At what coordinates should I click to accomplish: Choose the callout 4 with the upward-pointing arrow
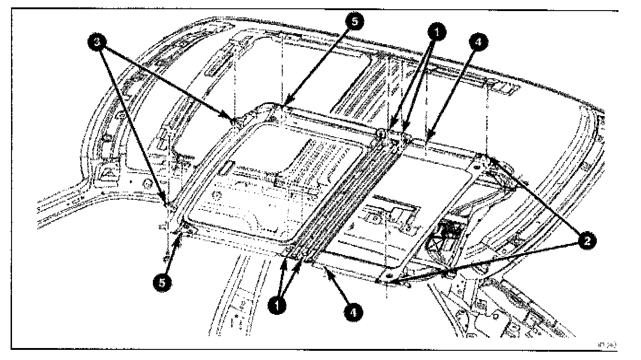pyautogui.click(x=353, y=313)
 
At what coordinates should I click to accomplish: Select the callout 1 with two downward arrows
pyautogui.click(x=436, y=31)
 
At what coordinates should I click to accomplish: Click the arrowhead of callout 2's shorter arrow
pyautogui.click(x=492, y=159)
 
